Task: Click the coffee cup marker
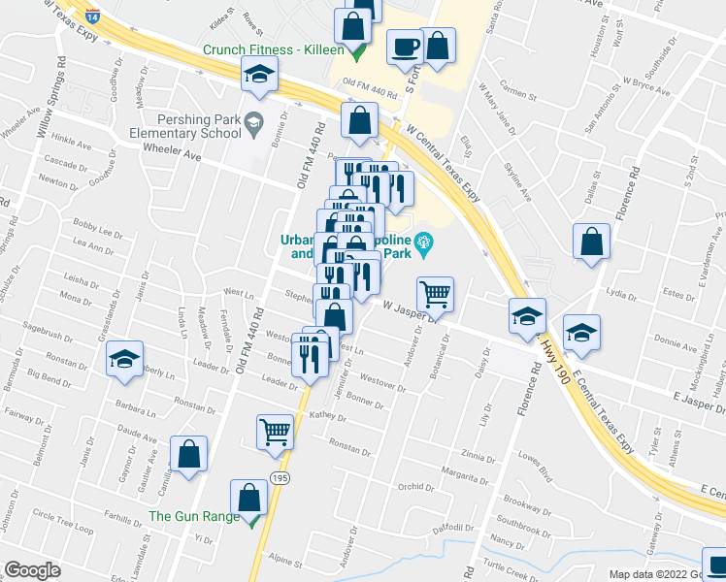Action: tap(405, 46)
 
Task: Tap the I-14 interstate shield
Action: tap(90, 15)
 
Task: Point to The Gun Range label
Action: tap(193, 516)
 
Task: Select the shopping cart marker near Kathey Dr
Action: tap(276, 431)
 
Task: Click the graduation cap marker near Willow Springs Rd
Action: tap(260, 76)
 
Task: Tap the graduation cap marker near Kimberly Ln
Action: tap(125, 359)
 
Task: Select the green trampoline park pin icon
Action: tap(423, 242)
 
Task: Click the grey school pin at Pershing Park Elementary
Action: tap(254, 120)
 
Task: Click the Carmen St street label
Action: tap(519, 94)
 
